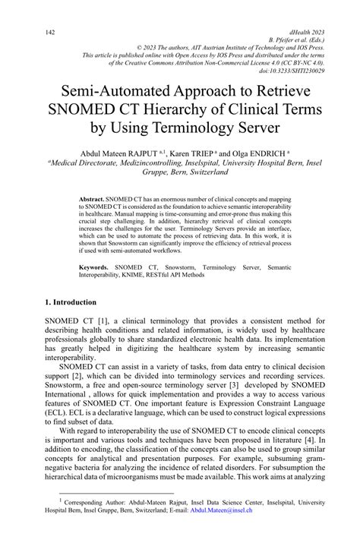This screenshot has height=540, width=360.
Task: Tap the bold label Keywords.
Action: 96,268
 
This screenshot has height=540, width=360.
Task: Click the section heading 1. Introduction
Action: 74,302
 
